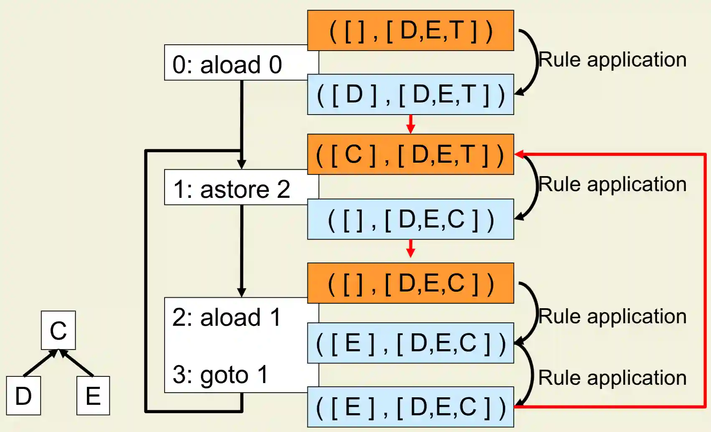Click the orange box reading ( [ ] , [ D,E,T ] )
click(410, 31)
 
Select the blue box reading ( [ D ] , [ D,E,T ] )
click(410, 95)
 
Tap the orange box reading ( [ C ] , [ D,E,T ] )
click(410, 154)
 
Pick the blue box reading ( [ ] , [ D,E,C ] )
click(410, 219)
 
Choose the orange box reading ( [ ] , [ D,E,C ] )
click(410, 283)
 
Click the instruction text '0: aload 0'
click(227, 65)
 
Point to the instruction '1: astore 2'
click(231, 189)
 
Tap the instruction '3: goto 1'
click(220, 374)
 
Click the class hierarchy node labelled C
click(58, 330)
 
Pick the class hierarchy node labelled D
click(23, 396)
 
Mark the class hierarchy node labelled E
click(93, 396)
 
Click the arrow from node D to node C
click(40, 363)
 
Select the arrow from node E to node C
click(77, 363)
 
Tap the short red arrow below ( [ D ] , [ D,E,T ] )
click(411, 124)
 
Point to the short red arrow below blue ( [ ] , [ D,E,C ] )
click(411, 249)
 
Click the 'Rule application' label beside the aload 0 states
click(612, 59)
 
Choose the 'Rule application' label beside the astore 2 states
click(612, 184)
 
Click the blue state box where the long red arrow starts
click(410, 407)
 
